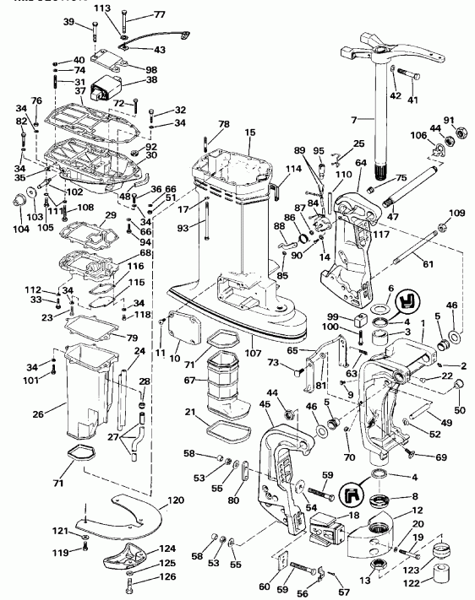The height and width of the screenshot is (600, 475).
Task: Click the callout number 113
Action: [102, 8]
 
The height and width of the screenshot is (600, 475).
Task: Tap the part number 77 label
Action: [159, 15]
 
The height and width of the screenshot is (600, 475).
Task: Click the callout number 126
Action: [167, 577]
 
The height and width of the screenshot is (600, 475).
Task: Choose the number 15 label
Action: [250, 132]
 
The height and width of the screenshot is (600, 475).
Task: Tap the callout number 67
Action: [190, 381]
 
